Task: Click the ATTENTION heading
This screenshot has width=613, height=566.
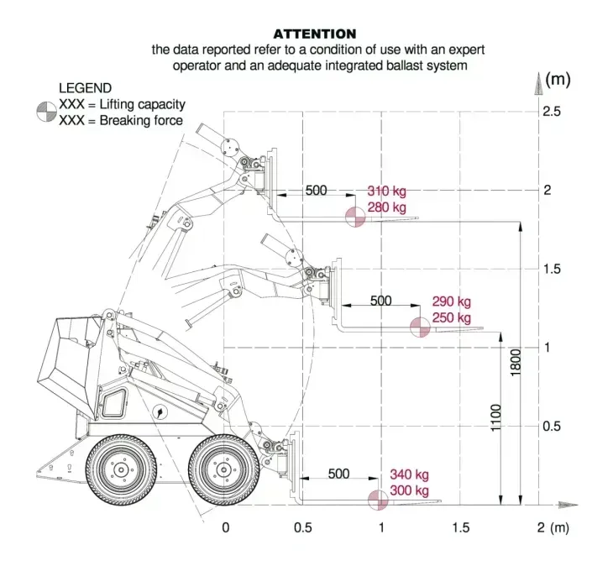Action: (x=315, y=34)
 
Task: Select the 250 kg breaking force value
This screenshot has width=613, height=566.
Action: (x=452, y=318)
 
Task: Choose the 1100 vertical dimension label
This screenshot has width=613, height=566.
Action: (x=495, y=420)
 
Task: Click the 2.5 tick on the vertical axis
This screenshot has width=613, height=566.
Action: (x=552, y=112)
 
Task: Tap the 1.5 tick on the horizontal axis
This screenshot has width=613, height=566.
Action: (x=460, y=527)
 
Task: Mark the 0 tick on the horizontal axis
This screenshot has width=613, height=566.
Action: (x=225, y=527)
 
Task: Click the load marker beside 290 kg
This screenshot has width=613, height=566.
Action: (x=420, y=328)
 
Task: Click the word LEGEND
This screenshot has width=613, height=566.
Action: (x=85, y=87)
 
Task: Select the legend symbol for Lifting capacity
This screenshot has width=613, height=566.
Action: (x=46, y=106)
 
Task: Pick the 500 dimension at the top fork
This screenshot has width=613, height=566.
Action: (x=316, y=191)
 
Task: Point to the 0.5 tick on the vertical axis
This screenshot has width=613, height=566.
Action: (x=552, y=426)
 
